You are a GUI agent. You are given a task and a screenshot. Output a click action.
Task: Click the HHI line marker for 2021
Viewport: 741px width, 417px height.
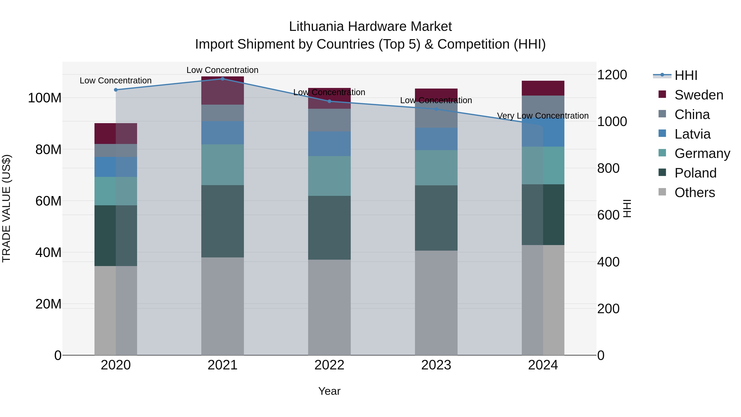pyautogui.click(x=222, y=79)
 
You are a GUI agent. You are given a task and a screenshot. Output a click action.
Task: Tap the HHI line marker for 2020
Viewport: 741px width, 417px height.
pyautogui.click(x=116, y=90)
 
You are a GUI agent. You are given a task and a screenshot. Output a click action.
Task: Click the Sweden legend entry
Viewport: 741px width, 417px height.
pyautogui.click(x=698, y=95)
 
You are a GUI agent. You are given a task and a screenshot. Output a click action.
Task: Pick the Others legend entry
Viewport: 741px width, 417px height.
pyautogui.click(x=694, y=193)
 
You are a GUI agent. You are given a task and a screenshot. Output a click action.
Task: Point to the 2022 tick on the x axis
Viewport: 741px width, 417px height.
pyautogui.click(x=329, y=365)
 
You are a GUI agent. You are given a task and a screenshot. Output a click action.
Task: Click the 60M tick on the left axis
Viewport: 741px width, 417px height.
pyautogui.click(x=48, y=201)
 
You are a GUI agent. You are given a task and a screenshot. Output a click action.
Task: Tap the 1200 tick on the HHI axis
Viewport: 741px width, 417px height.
pyautogui.click(x=612, y=75)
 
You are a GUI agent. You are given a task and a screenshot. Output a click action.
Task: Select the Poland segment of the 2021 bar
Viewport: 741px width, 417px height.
pyautogui.click(x=222, y=221)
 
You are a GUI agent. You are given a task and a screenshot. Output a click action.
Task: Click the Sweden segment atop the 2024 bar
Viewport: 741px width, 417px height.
pyautogui.click(x=543, y=88)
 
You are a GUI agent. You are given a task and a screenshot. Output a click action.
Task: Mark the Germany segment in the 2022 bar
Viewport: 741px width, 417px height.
pyautogui.click(x=329, y=176)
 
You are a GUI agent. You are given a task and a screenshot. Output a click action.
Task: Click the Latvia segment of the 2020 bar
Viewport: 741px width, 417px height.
pyautogui.click(x=116, y=167)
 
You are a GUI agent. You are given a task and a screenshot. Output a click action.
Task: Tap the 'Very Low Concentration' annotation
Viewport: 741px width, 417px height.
pyautogui.click(x=543, y=116)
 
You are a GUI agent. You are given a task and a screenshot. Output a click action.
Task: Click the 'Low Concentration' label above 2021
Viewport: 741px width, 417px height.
pyautogui.click(x=222, y=70)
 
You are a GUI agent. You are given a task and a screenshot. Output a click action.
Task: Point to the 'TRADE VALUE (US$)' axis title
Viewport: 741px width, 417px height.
pyautogui.click(x=6, y=208)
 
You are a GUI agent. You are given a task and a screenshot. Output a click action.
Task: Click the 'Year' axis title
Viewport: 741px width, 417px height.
pyautogui.click(x=329, y=391)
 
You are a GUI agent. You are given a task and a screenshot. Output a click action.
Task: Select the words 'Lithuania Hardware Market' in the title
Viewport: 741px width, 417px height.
pyautogui.click(x=370, y=27)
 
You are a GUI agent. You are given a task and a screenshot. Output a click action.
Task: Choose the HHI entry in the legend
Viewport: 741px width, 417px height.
pyautogui.click(x=686, y=75)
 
